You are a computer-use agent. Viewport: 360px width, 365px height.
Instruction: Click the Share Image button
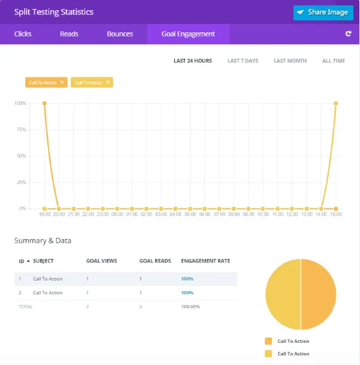click(x=323, y=12)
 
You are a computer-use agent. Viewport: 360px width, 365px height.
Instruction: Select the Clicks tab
click(x=23, y=34)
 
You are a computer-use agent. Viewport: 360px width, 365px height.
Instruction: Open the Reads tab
click(x=69, y=34)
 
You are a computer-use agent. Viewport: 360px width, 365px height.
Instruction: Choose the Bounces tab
click(x=120, y=34)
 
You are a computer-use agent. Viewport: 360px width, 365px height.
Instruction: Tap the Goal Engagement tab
click(x=188, y=34)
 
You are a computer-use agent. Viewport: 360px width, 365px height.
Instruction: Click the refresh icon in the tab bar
click(x=348, y=34)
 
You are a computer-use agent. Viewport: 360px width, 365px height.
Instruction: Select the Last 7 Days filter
click(x=243, y=61)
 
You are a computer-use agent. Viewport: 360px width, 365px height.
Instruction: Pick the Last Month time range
click(x=290, y=61)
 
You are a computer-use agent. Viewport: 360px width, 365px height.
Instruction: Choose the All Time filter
click(x=334, y=61)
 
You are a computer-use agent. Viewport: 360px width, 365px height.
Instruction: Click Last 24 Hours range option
click(x=192, y=61)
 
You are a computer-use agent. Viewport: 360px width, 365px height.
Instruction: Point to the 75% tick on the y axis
click(x=20, y=129)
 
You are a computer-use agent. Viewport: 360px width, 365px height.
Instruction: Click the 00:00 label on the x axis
click(x=117, y=214)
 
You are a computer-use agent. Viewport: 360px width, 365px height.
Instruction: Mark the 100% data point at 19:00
click(x=44, y=103)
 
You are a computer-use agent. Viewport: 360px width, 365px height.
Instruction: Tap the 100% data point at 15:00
click(x=336, y=103)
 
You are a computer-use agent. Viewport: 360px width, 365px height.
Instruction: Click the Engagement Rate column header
click(x=205, y=261)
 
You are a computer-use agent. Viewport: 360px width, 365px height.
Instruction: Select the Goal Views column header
click(x=101, y=261)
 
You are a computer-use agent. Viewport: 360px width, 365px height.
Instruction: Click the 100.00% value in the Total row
click(x=190, y=306)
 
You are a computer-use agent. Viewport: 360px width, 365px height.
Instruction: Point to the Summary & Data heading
click(x=43, y=240)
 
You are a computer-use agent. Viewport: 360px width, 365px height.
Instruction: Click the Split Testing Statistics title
click(x=54, y=12)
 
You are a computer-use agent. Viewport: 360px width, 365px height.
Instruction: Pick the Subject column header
click(x=43, y=261)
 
